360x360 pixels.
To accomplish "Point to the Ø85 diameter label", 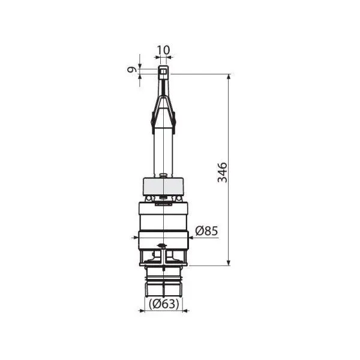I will [208, 230].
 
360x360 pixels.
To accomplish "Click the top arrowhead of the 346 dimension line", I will [229, 77].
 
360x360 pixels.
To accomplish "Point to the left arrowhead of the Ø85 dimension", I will [134, 238].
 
